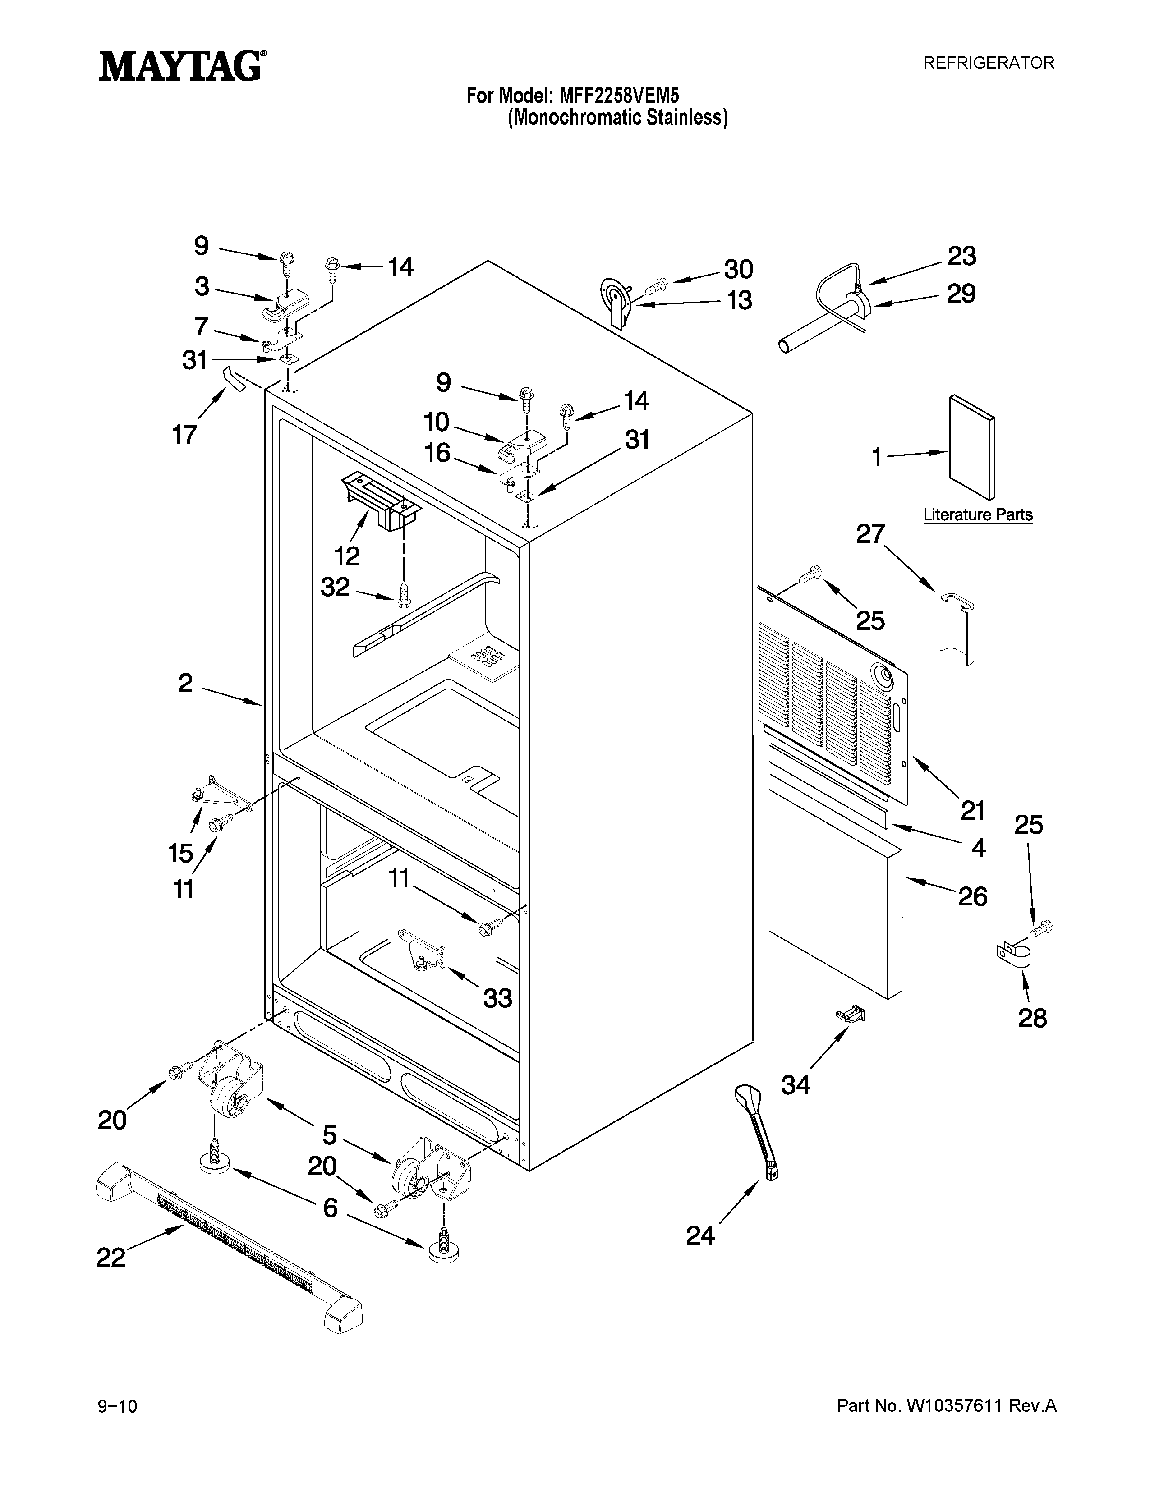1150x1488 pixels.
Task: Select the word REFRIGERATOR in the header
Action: coord(988,63)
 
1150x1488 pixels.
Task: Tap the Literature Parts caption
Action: coord(978,514)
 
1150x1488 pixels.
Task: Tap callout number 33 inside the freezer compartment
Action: coord(497,999)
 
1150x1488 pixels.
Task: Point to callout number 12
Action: coord(347,556)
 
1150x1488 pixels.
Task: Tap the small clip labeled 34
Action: coord(850,1015)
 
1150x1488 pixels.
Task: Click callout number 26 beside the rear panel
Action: coord(972,896)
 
